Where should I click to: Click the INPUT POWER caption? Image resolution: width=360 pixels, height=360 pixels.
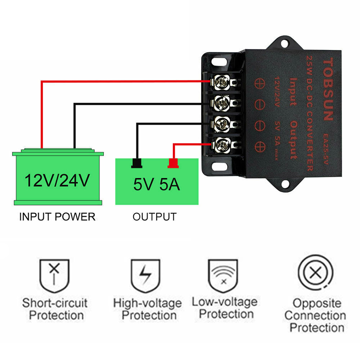tap(58, 217)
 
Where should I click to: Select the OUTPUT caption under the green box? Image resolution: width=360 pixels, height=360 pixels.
tap(154, 217)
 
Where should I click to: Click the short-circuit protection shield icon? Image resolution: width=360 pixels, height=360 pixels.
tap(54, 275)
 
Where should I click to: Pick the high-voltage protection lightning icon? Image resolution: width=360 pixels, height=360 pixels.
tap(144, 275)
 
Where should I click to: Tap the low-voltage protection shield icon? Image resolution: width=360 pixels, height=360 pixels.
tap(223, 275)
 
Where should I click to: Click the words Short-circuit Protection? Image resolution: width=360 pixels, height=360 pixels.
tap(54, 309)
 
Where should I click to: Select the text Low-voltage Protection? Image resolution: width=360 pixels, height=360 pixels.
tap(225, 308)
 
